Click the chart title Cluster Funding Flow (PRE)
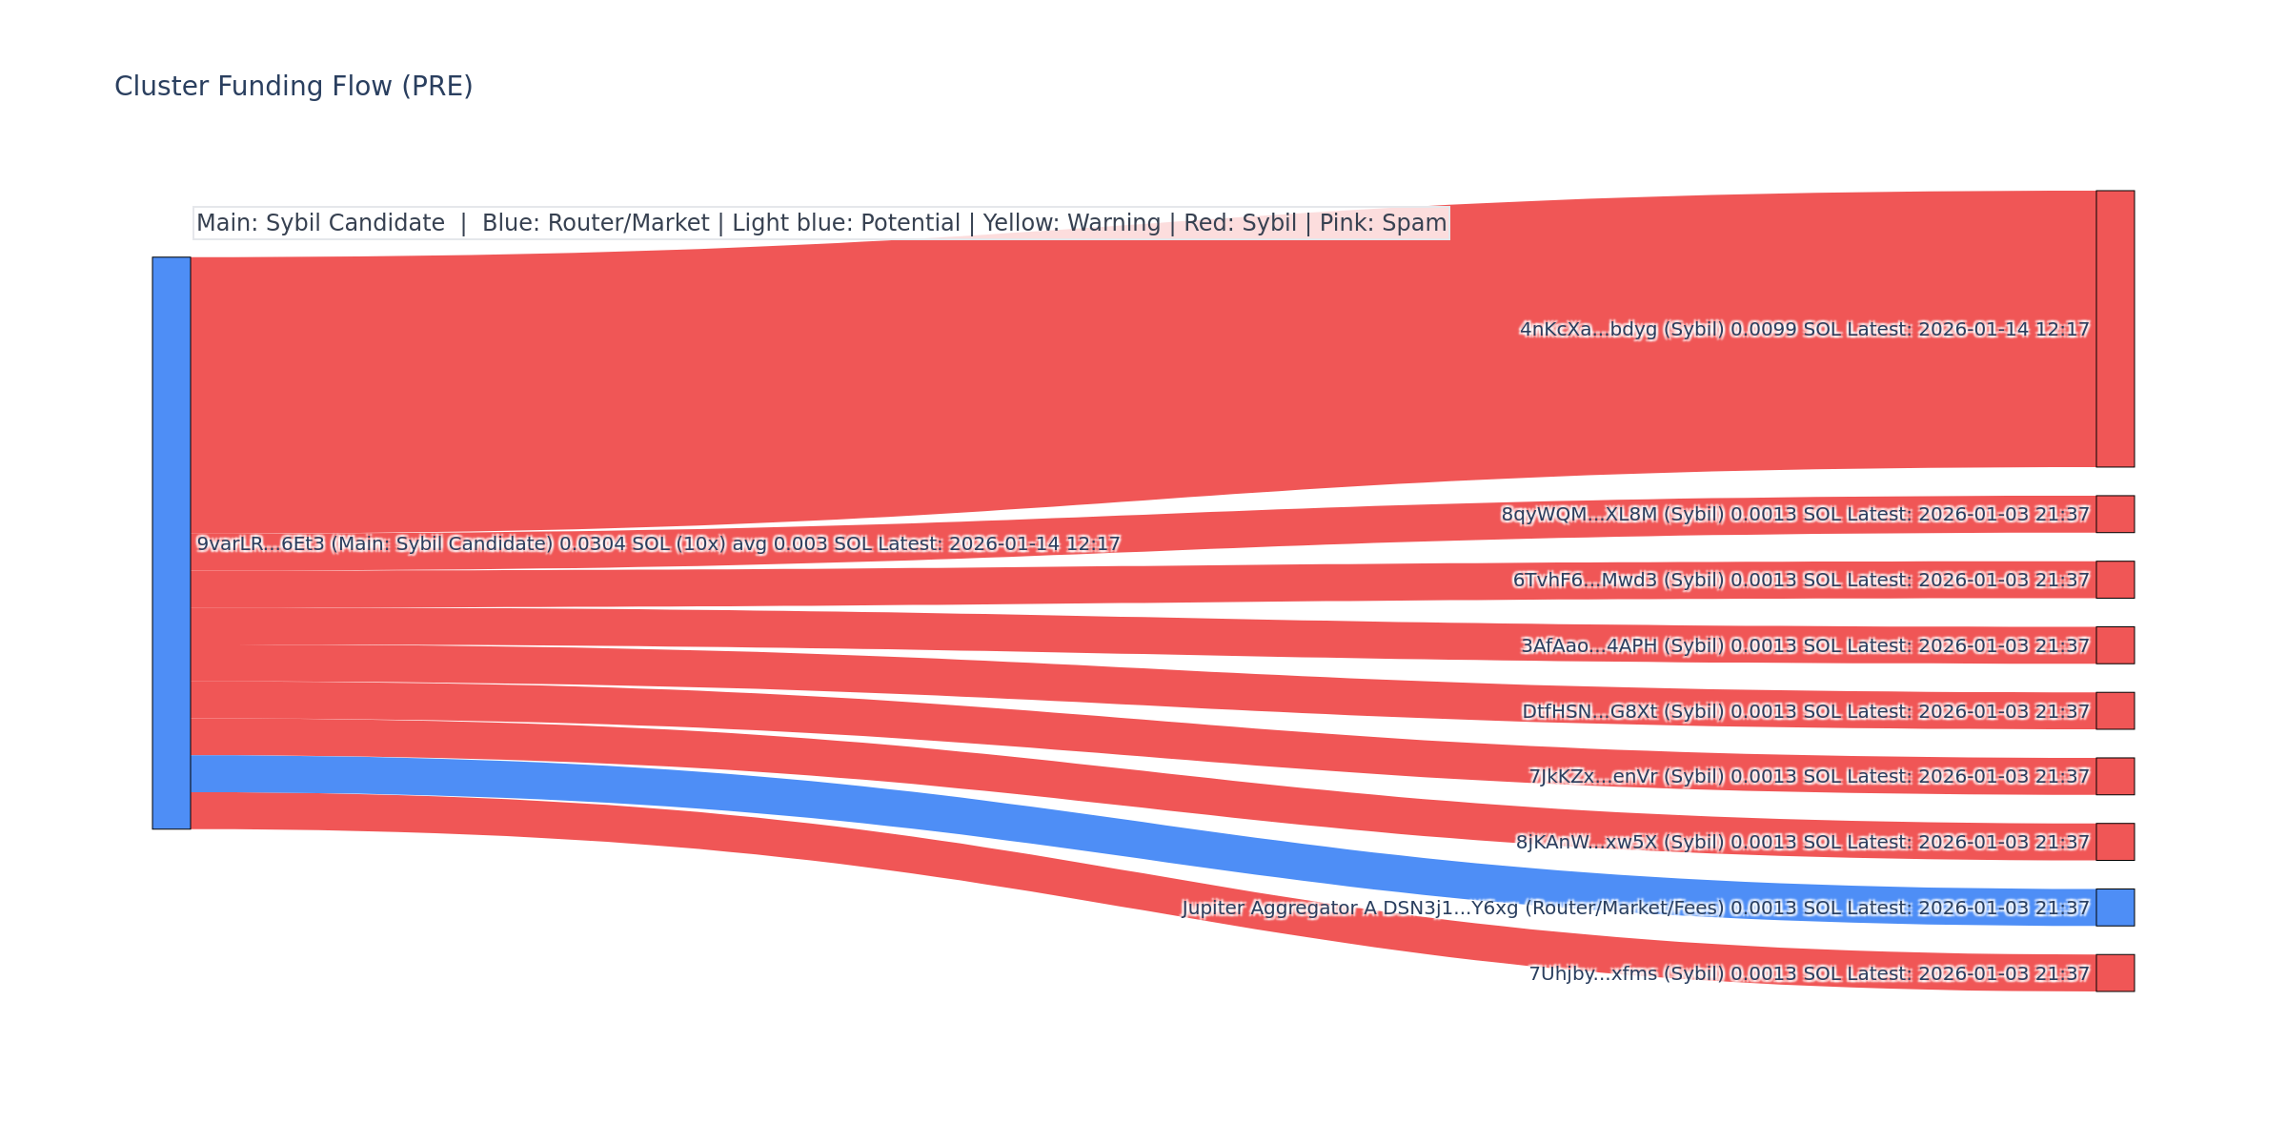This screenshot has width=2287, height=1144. click(x=293, y=87)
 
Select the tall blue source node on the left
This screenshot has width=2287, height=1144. click(x=172, y=542)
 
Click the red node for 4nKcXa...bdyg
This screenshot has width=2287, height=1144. click(x=2115, y=329)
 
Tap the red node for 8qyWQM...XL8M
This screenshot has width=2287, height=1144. click(x=2115, y=514)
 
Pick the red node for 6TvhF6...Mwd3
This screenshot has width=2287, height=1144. click(x=2115, y=580)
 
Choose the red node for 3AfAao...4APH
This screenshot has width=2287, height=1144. click(x=2115, y=645)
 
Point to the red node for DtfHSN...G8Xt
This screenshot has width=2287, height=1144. click(x=2115, y=711)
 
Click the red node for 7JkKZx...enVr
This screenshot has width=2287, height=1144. click(x=2115, y=776)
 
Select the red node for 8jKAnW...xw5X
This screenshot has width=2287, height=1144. click(x=2115, y=842)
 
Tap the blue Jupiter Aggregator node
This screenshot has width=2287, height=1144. click(x=2115, y=908)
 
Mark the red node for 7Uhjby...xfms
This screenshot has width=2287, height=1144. click(x=2115, y=972)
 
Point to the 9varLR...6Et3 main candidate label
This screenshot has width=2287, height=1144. click(x=658, y=544)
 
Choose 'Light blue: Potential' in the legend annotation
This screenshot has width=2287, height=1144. click(x=846, y=223)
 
